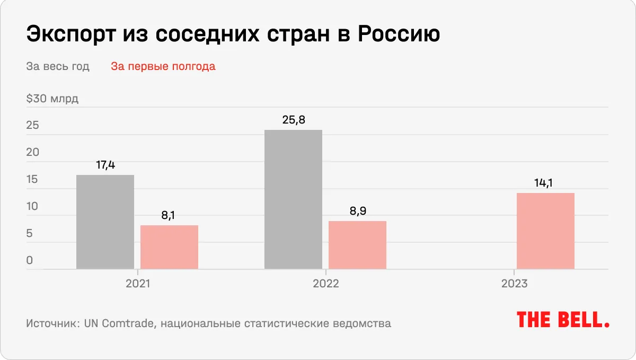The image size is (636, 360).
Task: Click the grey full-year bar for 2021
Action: [x=105, y=222]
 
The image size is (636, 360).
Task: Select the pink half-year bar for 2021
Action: [x=169, y=247]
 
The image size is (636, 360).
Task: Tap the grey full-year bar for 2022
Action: [x=293, y=200]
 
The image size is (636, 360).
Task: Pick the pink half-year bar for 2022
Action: [x=357, y=245]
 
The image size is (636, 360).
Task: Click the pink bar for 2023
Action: [x=545, y=231]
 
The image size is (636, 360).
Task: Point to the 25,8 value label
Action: [x=293, y=120]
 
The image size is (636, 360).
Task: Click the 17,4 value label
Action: [x=105, y=165]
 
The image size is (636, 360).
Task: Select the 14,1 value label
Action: [x=545, y=183]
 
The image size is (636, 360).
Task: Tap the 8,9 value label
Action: [x=357, y=211]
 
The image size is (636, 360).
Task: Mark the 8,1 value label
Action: [x=169, y=216]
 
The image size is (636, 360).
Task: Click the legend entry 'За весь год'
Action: [x=58, y=67]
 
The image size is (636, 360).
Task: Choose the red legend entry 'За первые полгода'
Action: [x=163, y=67]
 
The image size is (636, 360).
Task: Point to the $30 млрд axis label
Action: [x=52, y=99]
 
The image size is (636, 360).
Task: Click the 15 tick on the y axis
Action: [x=32, y=180]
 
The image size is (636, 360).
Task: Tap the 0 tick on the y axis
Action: [x=30, y=261]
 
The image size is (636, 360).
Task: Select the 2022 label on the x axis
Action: [x=325, y=284]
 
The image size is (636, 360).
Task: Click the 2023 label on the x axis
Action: [x=514, y=284]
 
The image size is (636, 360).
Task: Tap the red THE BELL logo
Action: [x=563, y=319]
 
